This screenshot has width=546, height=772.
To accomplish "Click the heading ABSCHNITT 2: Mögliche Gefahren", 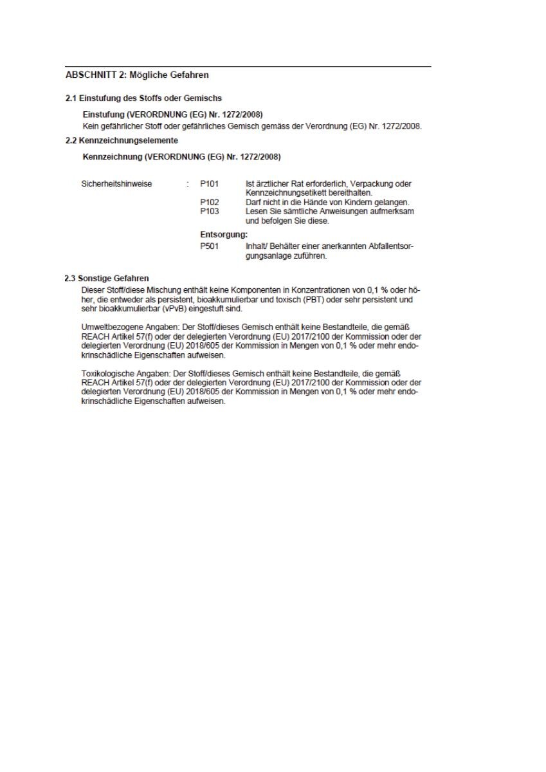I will pos(137,75).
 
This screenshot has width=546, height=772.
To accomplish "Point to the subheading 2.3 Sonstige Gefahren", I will pos(107,278).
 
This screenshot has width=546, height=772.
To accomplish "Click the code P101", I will pos(209,184).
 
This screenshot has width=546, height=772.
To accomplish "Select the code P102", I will pos(209,203).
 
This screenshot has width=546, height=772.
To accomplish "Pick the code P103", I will pos(209,211).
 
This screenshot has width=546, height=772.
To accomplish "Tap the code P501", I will pos(209,247).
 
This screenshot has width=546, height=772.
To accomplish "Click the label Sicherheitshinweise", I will pos(116,184).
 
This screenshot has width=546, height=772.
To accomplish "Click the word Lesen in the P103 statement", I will pos(256,211).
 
